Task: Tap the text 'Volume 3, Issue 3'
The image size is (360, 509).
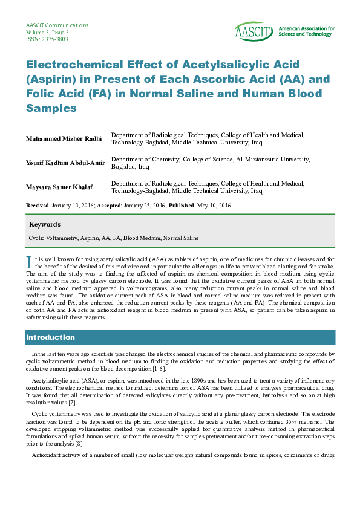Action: (47, 32)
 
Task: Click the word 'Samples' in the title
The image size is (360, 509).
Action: (51, 108)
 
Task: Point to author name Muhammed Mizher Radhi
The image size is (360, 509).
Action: (64, 138)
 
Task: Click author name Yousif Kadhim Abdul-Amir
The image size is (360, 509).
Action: (65, 163)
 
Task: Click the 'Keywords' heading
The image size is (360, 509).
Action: (44, 224)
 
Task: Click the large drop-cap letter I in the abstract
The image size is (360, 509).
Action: (28, 261)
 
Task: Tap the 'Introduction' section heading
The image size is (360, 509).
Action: (50, 337)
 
